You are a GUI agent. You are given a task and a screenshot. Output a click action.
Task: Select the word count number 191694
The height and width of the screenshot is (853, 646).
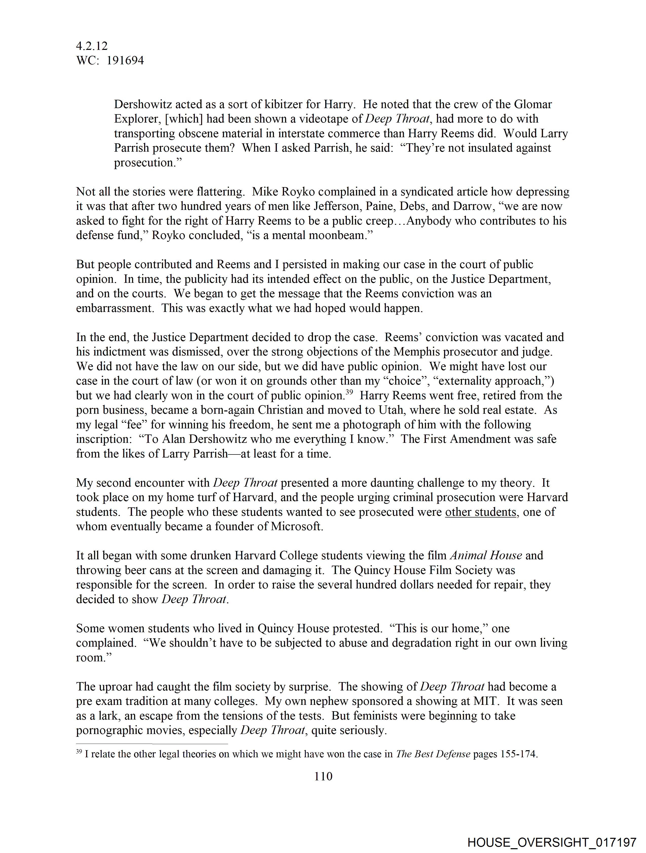[125, 61]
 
